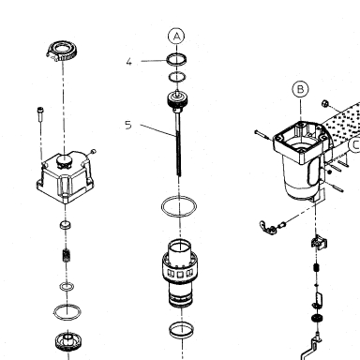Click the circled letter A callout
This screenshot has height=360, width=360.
(x=176, y=37)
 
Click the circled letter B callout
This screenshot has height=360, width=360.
(x=300, y=89)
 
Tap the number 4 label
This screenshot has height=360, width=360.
(x=129, y=62)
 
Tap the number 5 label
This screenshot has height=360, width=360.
(x=128, y=126)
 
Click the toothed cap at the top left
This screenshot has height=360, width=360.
(x=62, y=52)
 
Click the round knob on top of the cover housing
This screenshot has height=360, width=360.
(x=64, y=160)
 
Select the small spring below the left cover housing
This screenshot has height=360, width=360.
(x=66, y=256)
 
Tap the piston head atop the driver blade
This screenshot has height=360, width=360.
(x=178, y=100)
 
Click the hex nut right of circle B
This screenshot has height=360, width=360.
(x=324, y=103)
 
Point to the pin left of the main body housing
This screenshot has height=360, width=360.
(x=263, y=135)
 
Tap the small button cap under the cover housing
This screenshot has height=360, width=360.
(x=65, y=225)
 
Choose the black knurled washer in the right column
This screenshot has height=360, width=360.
(x=317, y=319)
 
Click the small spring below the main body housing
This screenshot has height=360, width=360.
(x=316, y=267)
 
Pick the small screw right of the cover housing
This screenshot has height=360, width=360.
(x=93, y=152)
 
